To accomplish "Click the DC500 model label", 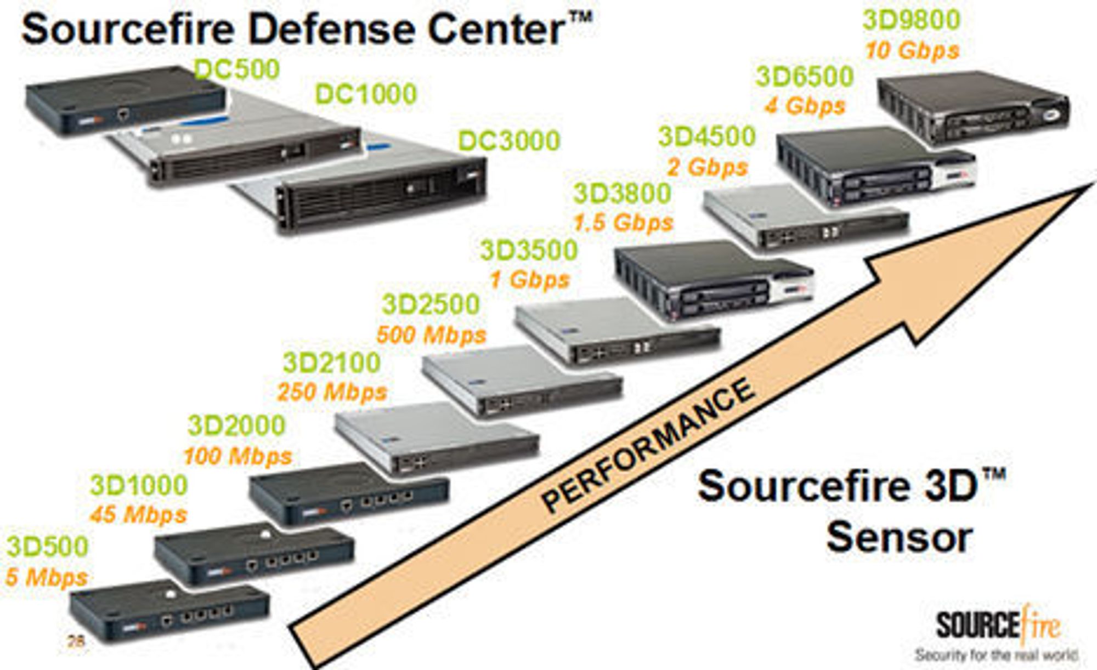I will point(237,70).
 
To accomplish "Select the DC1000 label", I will point(366,94).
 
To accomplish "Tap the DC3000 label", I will point(509,141).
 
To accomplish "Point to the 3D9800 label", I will point(912,20).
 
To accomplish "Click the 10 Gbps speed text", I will point(912,50).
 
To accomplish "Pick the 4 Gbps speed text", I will point(805,106).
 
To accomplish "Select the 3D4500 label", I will point(707,137).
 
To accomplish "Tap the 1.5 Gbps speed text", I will point(623,223).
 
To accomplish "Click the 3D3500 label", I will point(529,251).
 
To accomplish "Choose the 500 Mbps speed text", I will point(431,335).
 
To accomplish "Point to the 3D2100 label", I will point(332,363).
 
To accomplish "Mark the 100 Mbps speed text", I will point(238,456).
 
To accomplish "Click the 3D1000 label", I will point(139,485).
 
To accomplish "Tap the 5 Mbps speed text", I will point(47,577).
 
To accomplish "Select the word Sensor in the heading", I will point(900,538).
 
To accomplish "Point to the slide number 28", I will point(76,640).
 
